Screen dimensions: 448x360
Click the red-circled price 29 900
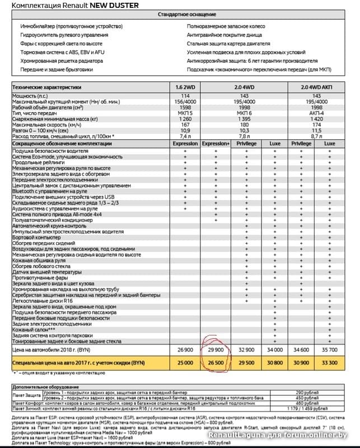pos(216,348)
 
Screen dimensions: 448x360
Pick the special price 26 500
pos(216,363)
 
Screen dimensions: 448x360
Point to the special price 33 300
pos(330,363)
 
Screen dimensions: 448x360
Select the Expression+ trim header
pos(216,144)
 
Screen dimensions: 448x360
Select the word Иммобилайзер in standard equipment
pos(38,26)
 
